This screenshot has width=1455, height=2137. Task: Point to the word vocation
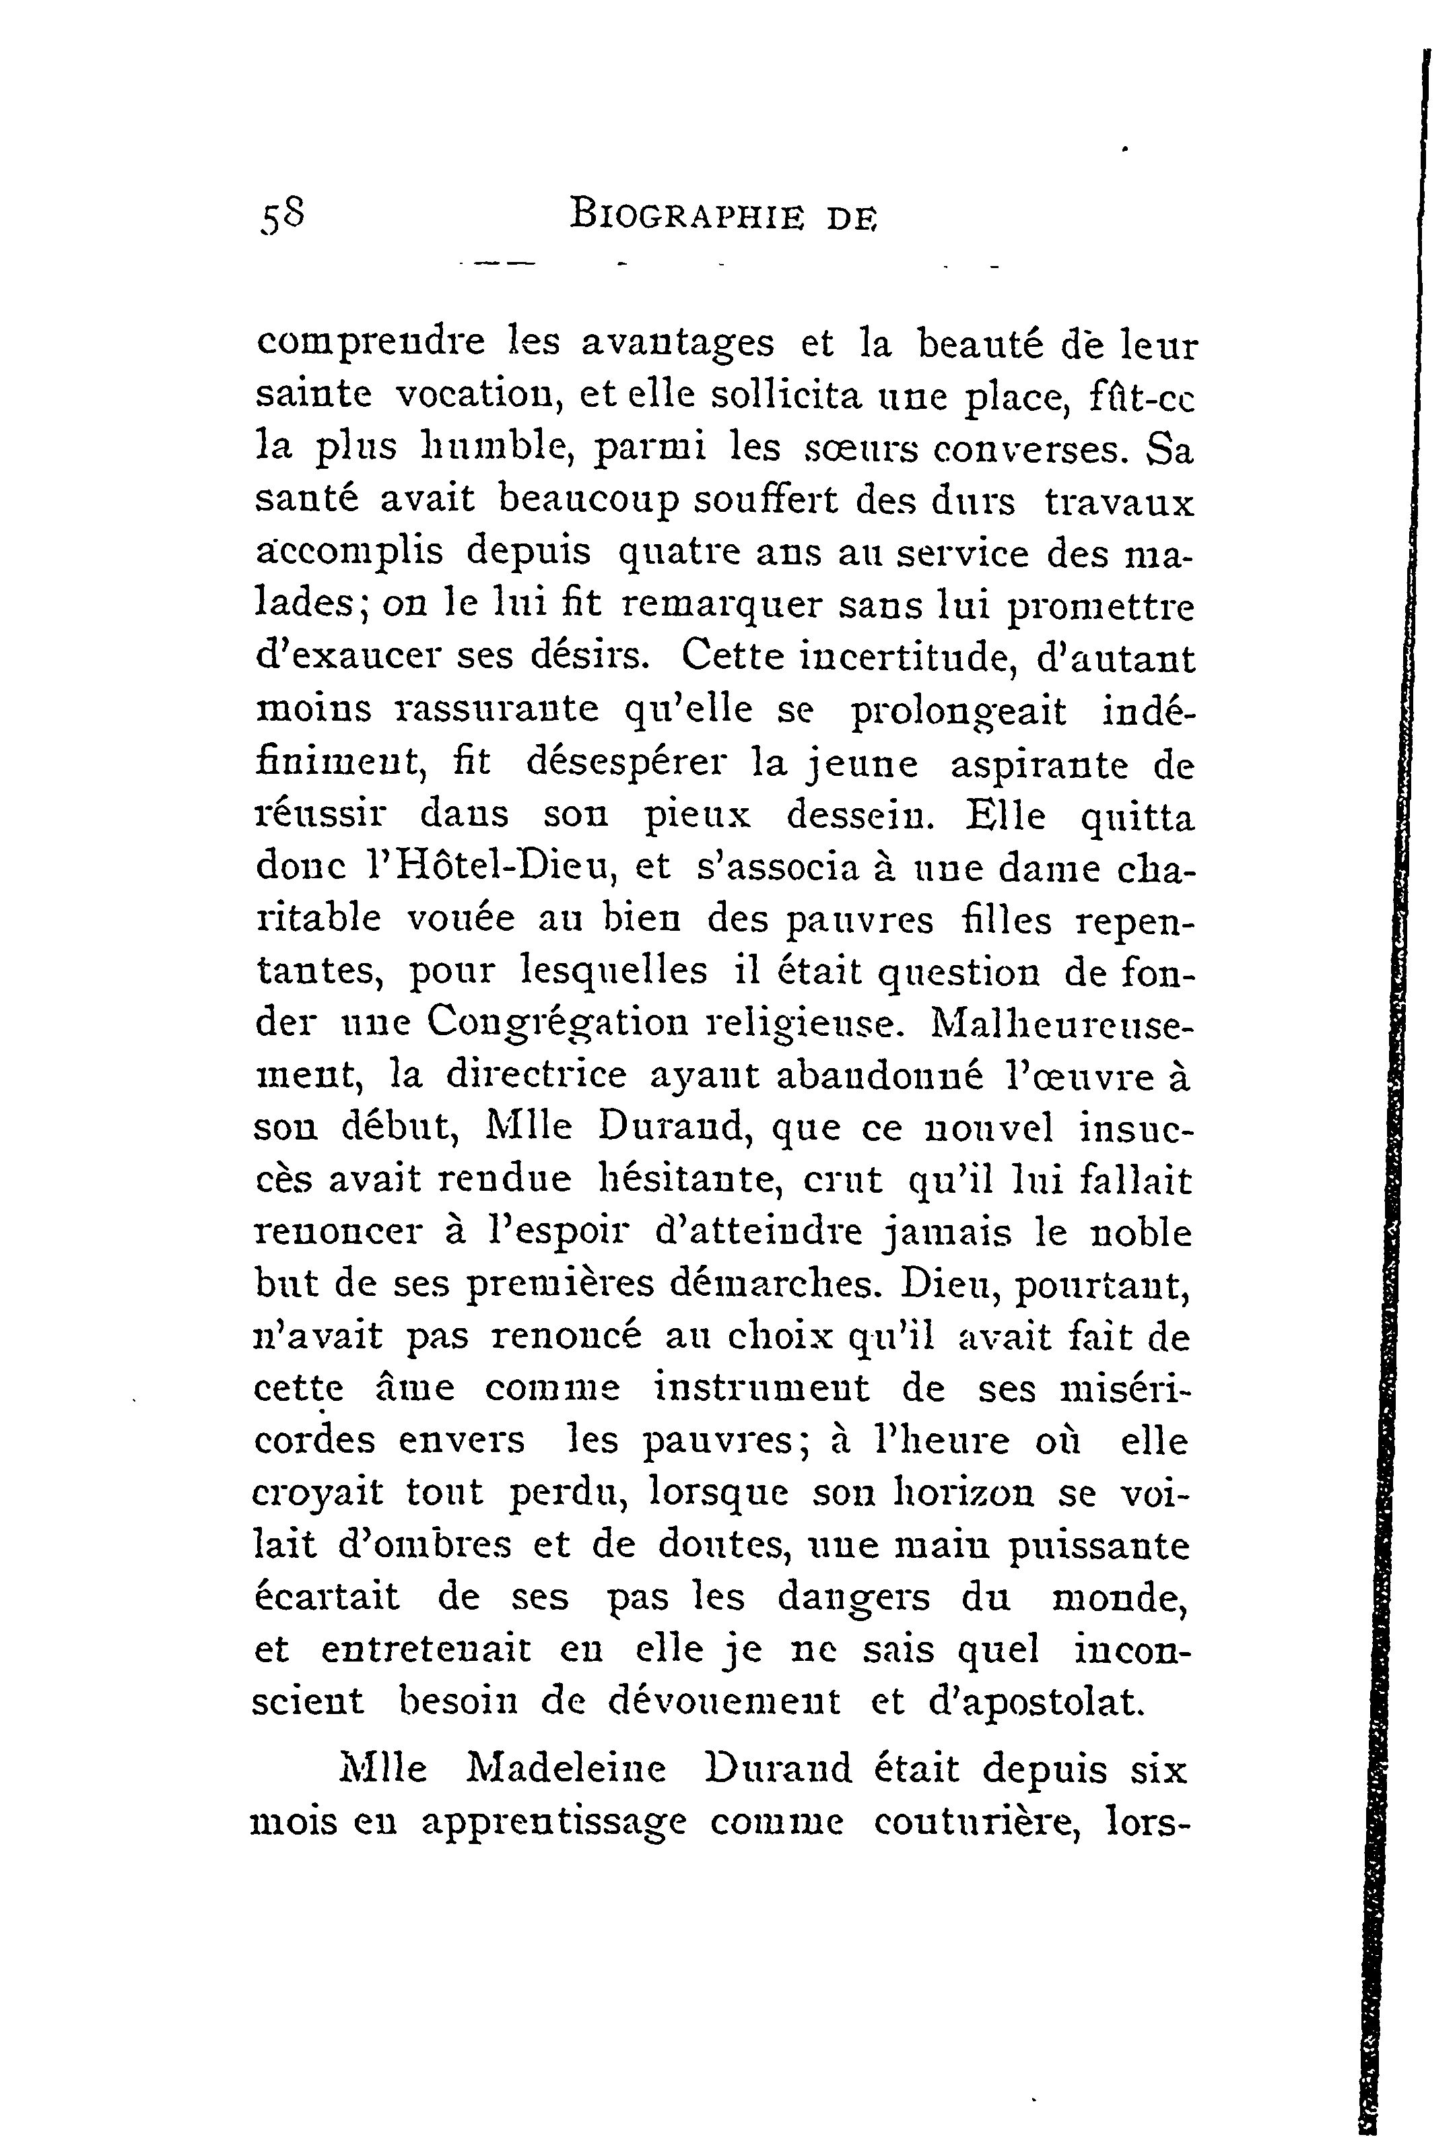pos(473,395)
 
